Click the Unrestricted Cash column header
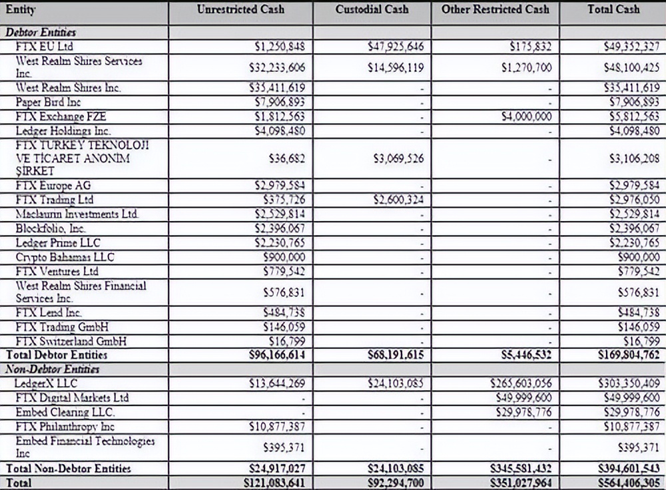(240, 9)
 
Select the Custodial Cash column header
(372, 9)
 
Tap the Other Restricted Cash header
(495, 9)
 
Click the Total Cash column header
(613, 9)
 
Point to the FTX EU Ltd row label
(44, 47)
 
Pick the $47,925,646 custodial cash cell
(395, 47)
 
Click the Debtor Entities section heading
(41, 32)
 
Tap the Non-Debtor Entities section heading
(52, 369)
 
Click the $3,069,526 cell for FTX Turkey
(396, 159)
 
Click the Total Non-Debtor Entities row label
(68, 469)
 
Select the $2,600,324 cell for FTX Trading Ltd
(396, 200)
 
